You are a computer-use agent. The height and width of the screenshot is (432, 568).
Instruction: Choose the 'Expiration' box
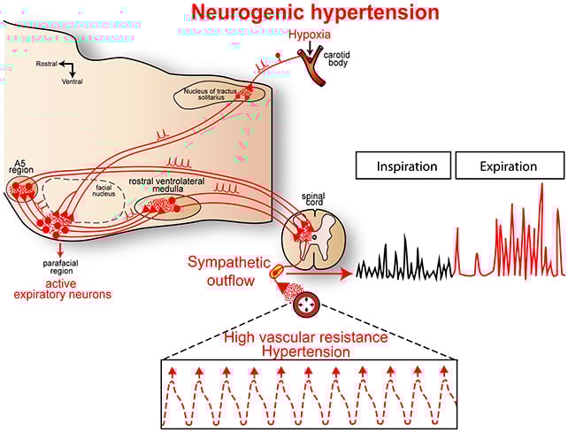[509, 166]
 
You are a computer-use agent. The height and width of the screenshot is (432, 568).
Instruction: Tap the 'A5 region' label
[23, 168]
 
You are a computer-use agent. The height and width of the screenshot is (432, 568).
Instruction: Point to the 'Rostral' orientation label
[48, 65]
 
